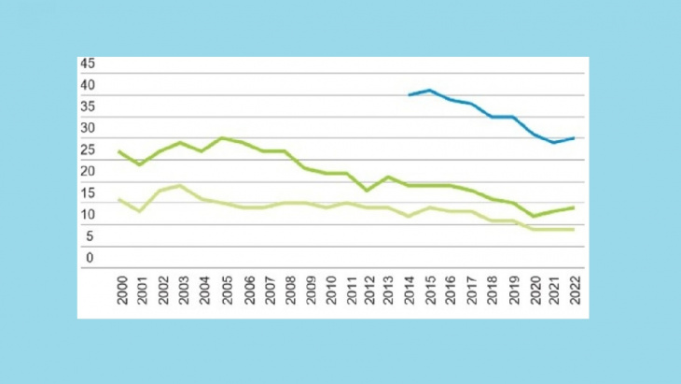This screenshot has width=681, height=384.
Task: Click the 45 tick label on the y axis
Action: [x=89, y=64]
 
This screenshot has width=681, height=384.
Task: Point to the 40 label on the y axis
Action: [x=89, y=85]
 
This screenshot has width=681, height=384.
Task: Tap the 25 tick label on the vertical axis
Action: [x=89, y=150]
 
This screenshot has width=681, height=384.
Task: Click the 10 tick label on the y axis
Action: [x=89, y=215]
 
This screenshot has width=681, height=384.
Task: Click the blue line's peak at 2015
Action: [x=429, y=91]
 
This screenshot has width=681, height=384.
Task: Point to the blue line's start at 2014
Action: [x=409, y=95]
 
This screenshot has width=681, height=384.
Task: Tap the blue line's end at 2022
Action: [x=573, y=138]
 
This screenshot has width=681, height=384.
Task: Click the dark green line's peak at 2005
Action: [x=222, y=138]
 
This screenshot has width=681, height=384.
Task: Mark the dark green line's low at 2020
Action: [x=533, y=216]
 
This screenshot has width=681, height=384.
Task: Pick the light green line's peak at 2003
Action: [x=180, y=185]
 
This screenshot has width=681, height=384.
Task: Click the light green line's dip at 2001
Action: [x=140, y=212]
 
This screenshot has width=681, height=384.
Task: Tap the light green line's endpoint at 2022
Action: [x=573, y=229]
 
